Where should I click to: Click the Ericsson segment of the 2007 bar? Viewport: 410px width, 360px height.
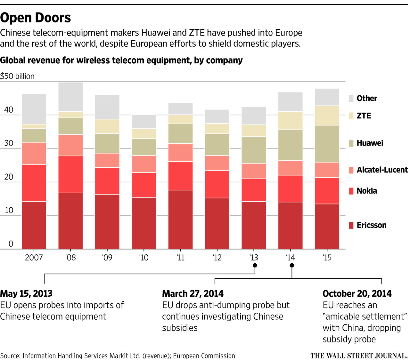34,225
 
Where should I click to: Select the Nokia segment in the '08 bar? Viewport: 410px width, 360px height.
70,174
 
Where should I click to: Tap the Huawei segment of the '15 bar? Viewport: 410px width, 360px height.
327,144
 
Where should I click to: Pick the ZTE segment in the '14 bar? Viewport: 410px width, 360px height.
291,120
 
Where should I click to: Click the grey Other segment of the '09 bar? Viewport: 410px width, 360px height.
107,107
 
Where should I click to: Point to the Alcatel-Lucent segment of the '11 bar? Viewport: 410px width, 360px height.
181,152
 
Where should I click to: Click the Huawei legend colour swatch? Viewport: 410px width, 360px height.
351,143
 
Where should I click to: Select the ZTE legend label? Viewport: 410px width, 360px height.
364,116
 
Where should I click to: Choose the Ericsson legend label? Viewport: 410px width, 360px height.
372,225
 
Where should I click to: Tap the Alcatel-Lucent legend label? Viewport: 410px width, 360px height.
382,170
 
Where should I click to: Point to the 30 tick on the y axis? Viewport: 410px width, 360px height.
9,143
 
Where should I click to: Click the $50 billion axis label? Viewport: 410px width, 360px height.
17,76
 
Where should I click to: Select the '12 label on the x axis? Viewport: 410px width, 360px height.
217,258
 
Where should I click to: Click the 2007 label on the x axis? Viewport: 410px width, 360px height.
34,258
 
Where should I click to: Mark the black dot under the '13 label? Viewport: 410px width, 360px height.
255,265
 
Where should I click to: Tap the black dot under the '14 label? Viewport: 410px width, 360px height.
292,265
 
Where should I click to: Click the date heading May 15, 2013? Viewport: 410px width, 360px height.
26,294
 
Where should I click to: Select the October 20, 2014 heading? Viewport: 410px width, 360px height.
357,294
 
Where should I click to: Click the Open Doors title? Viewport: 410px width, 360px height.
36,18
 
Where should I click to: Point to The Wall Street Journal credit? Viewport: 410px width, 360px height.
359,356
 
